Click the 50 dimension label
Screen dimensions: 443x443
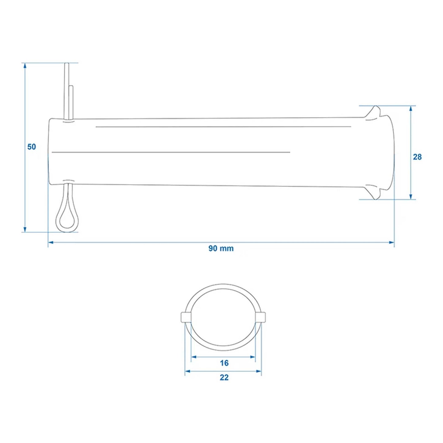coord(32,147)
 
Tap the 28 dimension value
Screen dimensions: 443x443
coord(417,157)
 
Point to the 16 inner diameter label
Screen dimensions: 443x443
coord(224,363)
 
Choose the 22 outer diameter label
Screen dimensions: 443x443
coord(224,377)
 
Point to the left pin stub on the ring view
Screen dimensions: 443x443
coord(186,317)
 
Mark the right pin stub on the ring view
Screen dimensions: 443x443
coord(261,317)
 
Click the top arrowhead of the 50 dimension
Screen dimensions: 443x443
coord(25,66)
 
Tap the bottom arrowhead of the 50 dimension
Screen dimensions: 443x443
coord(25,229)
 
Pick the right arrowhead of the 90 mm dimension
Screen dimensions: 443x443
coord(391,242)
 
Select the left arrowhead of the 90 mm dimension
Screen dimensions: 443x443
coord(51,242)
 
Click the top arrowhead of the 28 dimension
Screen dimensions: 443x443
coord(411,109)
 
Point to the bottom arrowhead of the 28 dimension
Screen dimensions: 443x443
coord(411,197)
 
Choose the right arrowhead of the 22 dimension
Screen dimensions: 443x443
coord(259,371)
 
